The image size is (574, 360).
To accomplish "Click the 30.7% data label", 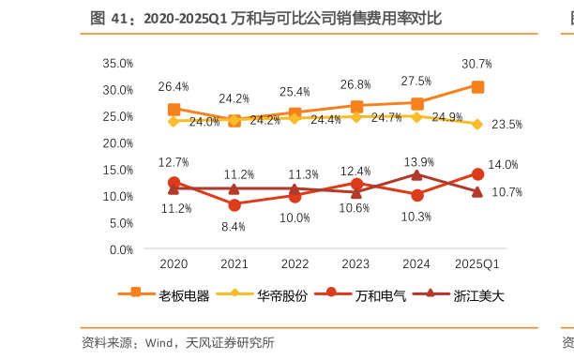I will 477,64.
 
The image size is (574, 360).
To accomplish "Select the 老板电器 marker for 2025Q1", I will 477,86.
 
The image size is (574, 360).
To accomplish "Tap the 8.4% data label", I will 234,226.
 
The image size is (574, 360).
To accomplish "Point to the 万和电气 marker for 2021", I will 234,204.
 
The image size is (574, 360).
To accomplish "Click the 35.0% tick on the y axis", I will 118,63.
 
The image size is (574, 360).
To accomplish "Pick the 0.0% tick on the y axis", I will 121,249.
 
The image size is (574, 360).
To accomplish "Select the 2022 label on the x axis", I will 295,264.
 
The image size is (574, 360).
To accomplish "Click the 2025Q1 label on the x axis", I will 477,264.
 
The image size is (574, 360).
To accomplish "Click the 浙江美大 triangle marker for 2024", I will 417,174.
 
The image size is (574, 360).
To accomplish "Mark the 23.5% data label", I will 507,124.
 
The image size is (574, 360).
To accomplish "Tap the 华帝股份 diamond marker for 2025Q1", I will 477,124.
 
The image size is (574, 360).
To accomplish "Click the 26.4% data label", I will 174,86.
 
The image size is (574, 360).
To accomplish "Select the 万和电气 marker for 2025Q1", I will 477,174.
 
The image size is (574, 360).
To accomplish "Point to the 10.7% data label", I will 507,192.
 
